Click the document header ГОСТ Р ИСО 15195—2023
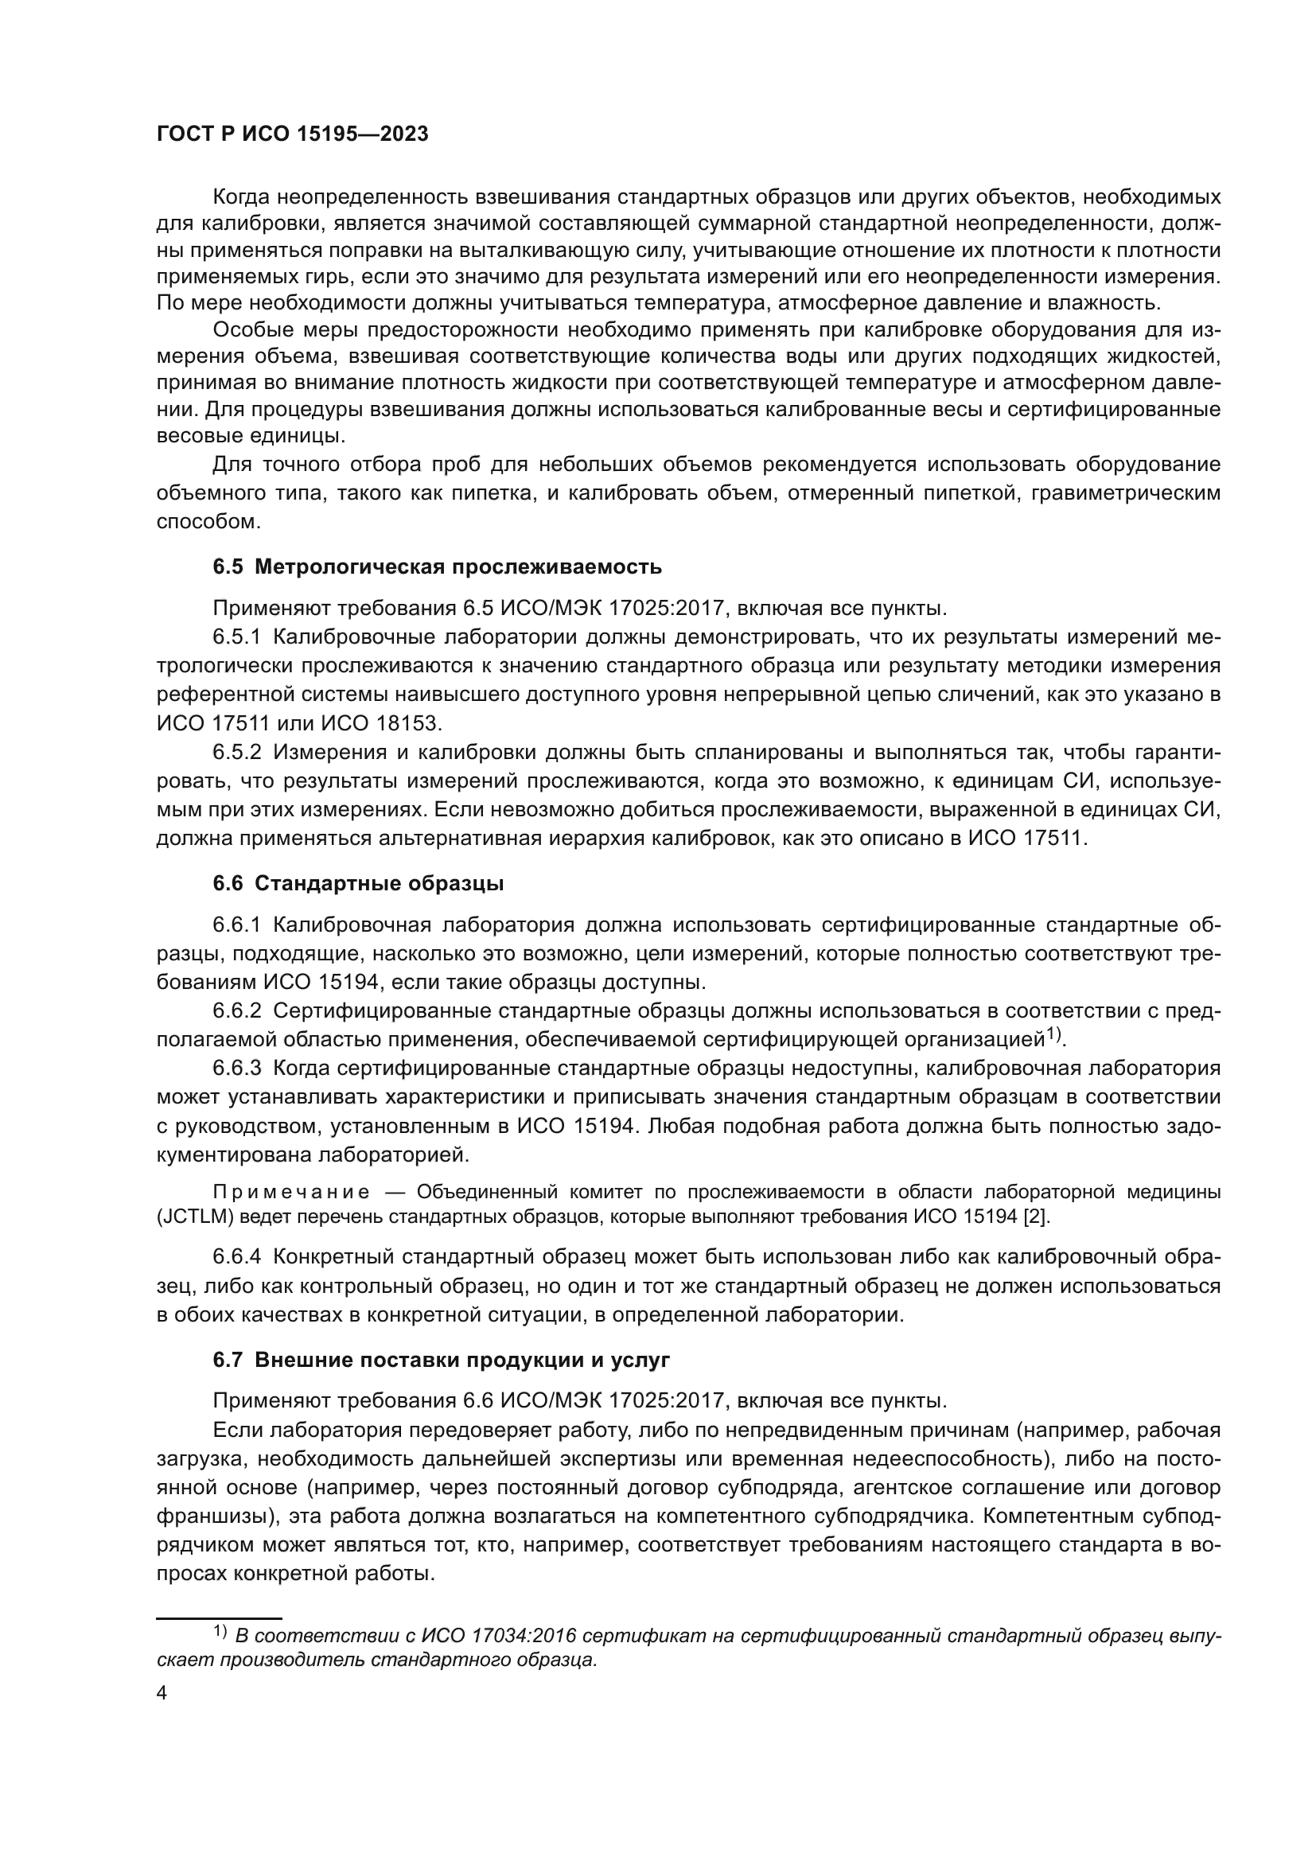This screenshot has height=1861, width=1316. pos(292,134)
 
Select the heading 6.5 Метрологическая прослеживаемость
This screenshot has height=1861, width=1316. pos(437,566)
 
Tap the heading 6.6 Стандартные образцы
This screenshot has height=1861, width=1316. pos(358,883)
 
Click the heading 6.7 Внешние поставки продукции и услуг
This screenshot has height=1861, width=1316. pos(441,1360)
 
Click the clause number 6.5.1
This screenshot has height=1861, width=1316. pos(236,637)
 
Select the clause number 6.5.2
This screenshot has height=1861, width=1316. pos(236,752)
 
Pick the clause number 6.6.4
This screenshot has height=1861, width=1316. pos(236,1257)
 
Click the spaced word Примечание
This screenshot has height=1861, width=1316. pos(291,1193)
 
